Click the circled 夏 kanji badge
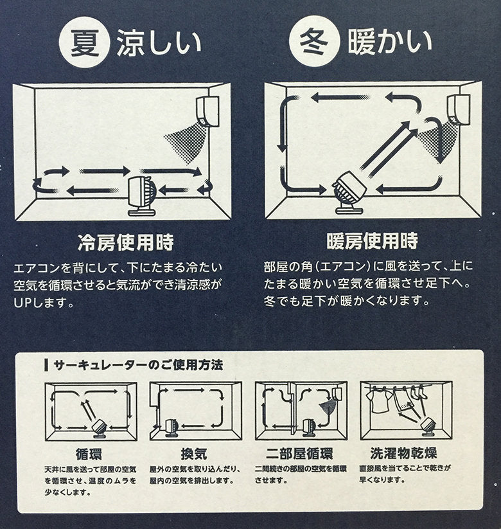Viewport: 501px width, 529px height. (85, 42)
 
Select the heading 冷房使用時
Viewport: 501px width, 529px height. (125, 242)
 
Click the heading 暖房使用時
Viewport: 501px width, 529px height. (372, 240)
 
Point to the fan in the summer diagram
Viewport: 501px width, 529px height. (141, 196)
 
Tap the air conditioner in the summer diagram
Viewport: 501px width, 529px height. (207, 111)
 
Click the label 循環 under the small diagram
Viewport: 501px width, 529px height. (89, 454)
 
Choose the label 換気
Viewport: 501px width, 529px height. (194, 454)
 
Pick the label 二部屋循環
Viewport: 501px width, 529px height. (299, 454)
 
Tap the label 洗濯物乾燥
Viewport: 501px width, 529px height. (403, 453)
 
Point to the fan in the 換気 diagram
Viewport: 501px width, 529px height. (171, 428)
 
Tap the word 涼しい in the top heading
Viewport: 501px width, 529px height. (159, 43)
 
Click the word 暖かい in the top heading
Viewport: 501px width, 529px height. (389, 42)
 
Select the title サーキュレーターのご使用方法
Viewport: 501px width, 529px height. (138, 365)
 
